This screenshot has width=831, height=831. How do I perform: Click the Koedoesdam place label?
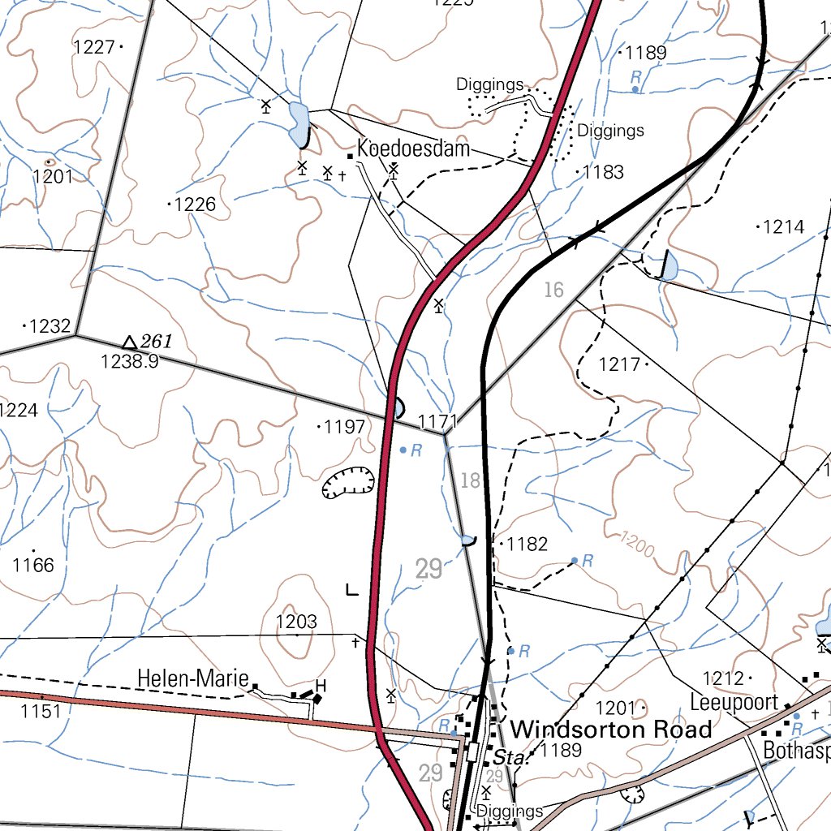point(413,149)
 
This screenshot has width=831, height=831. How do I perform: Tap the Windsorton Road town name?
point(612,729)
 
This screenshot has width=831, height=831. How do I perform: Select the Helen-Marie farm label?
point(192,678)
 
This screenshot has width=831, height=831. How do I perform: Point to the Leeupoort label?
point(734,702)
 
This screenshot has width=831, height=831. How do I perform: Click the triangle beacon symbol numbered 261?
point(129,342)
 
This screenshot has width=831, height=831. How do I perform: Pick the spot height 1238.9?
point(129,362)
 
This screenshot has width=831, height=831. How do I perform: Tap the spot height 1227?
point(93,47)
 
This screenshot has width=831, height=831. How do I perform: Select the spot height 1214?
point(783,227)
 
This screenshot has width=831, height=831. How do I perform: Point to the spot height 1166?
point(33,565)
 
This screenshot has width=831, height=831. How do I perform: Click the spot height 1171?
point(438,421)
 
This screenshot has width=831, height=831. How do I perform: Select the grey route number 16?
point(553,290)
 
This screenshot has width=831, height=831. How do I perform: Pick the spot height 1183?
point(603,172)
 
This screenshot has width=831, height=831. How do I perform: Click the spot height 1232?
point(50,326)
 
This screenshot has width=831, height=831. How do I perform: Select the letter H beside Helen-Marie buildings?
point(320,685)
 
